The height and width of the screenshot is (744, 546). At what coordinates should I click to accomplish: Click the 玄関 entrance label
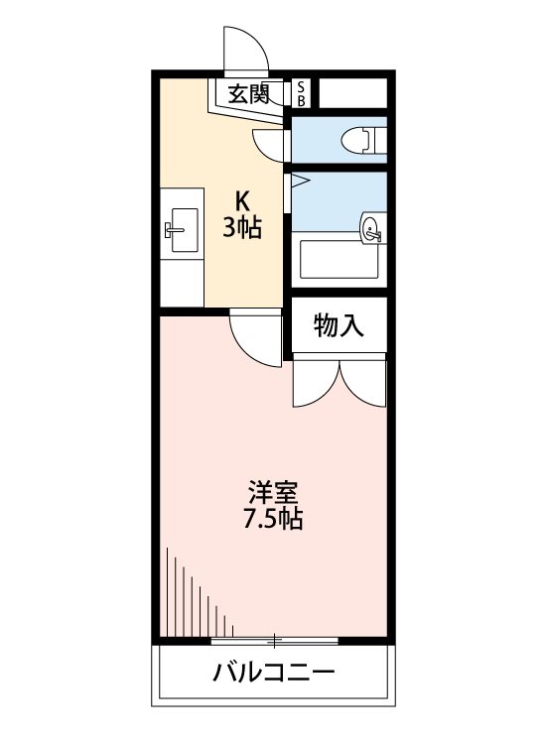click(248, 95)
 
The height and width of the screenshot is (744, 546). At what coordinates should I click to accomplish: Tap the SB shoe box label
click(302, 93)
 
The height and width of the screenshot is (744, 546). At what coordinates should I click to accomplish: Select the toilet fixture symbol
click(362, 140)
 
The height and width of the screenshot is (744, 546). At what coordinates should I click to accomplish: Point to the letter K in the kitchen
click(242, 197)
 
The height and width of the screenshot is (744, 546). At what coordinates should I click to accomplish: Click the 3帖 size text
click(241, 229)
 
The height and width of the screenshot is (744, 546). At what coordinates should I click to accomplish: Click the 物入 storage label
click(338, 324)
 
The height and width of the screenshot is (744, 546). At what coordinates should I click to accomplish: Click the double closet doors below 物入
click(339, 382)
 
